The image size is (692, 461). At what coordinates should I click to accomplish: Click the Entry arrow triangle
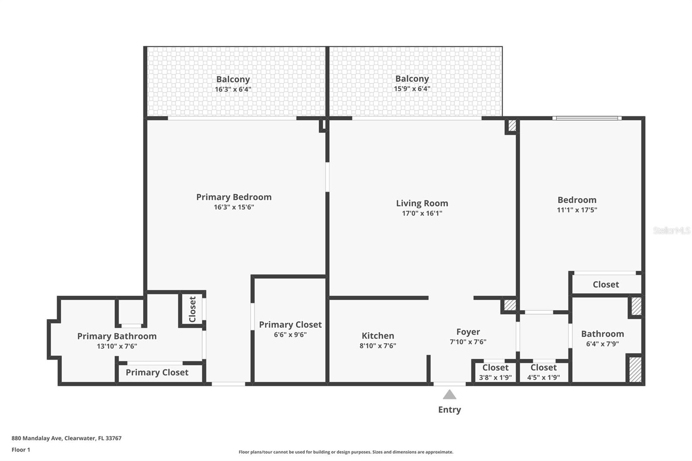point(449,394)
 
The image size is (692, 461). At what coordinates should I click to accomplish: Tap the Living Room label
point(422,203)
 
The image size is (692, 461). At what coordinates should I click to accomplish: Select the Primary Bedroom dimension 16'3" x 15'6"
point(234,207)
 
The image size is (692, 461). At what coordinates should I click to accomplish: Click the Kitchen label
point(378,336)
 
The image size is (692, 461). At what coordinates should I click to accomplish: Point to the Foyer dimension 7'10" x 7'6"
point(468,342)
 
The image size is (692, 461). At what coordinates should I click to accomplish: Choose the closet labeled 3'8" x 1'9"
point(495,372)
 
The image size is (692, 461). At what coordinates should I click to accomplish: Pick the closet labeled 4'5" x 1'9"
point(543,372)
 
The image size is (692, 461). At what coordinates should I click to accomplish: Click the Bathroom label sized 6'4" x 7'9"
point(602,334)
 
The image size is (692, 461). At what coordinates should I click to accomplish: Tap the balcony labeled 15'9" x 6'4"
point(412,83)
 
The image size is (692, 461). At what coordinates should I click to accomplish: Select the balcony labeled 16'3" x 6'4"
point(233,84)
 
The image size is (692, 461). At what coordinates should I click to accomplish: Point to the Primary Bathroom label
point(117,336)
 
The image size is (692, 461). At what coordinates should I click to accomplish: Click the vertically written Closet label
point(192,309)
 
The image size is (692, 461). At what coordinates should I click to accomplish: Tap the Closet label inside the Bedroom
point(605,285)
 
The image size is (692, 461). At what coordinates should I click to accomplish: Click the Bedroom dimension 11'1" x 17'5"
point(577,210)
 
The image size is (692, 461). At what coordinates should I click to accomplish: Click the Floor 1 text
point(21,450)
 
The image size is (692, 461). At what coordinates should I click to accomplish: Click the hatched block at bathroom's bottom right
point(635,369)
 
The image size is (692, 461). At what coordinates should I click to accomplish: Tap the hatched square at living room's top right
point(512,125)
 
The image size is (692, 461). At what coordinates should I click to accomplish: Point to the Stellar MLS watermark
point(671,230)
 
